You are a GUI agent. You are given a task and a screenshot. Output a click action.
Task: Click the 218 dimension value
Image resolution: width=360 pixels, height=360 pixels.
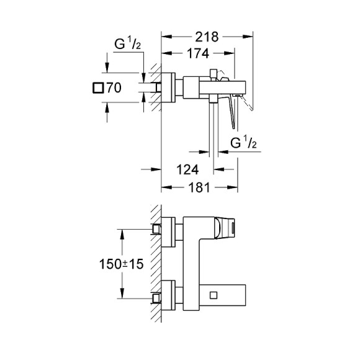207,37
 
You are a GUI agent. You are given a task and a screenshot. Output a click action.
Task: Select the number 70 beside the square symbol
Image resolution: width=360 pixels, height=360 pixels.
113,88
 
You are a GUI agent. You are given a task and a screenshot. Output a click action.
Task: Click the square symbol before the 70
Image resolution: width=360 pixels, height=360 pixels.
97,88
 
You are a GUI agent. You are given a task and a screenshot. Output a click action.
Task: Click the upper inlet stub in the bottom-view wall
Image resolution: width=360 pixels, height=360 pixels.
158,230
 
